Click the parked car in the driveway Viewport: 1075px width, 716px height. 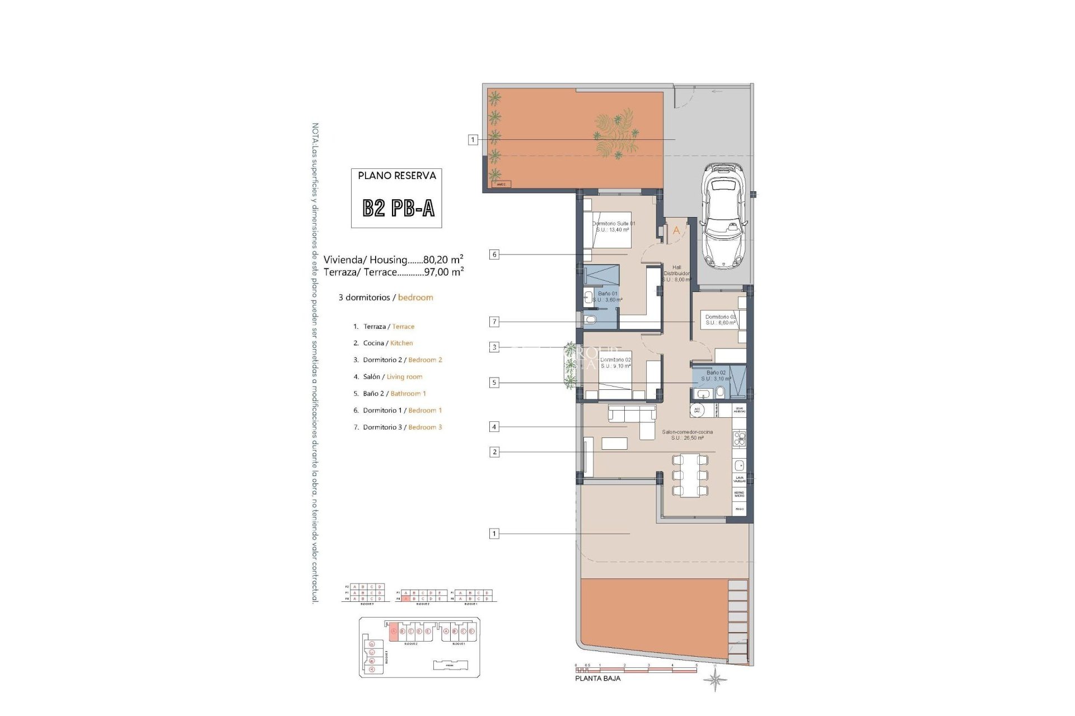click(724, 215)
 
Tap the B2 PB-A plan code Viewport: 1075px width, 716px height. click(398, 208)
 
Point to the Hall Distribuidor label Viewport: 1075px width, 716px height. click(676, 274)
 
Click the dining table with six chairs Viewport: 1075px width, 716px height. click(689, 475)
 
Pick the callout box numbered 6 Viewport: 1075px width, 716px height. click(494, 255)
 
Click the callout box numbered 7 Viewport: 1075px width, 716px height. click(494, 322)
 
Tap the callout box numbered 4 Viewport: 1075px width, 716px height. click(494, 427)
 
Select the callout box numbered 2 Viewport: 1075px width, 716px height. click(494, 452)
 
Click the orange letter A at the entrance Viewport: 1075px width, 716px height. click(676, 230)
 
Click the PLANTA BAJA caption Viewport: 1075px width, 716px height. click(597, 679)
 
